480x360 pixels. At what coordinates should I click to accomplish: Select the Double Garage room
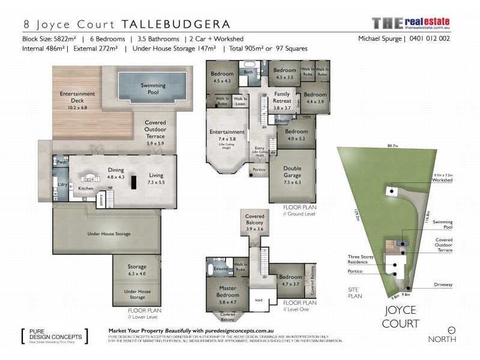[293, 173]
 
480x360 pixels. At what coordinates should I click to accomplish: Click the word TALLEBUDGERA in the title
[176, 25]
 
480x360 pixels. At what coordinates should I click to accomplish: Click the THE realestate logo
[410, 23]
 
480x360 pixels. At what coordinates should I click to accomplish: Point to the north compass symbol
[451, 329]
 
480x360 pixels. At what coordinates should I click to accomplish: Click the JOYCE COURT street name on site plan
[401, 318]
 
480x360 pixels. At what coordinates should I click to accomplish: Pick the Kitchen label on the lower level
[86, 189]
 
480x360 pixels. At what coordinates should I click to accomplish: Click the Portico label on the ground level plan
[260, 169]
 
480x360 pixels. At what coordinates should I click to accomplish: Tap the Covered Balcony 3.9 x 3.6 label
[254, 223]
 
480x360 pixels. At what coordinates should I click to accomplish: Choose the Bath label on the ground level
[248, 73]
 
